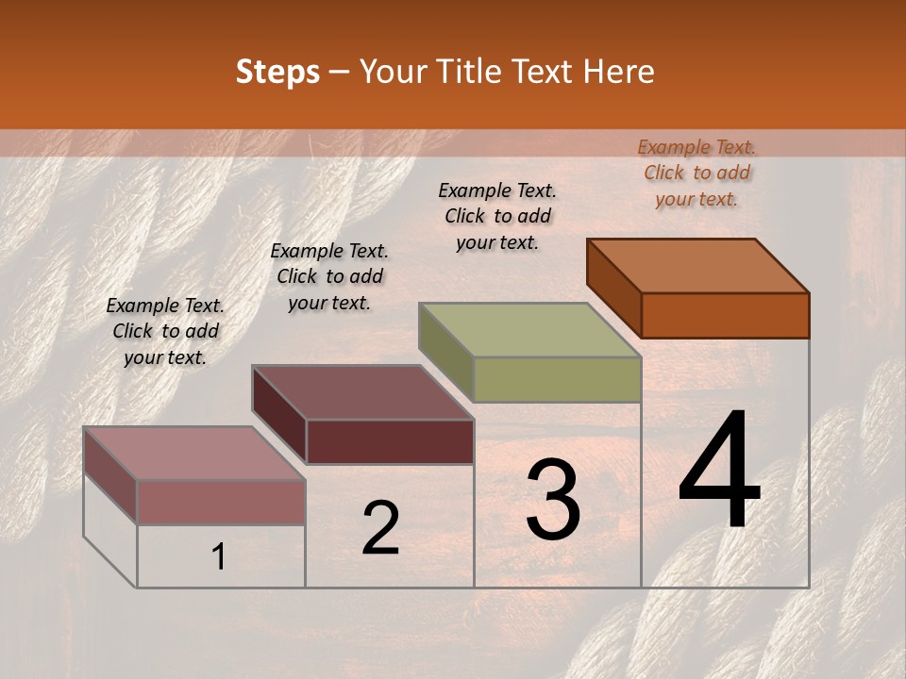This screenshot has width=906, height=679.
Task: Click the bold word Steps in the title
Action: [277, 72]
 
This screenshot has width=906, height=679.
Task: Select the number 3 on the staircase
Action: [553, 501]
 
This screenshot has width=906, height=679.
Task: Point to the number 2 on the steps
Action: [380, 528]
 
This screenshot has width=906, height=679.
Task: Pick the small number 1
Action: [219, 557]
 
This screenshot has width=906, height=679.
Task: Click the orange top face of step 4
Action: [698, 265]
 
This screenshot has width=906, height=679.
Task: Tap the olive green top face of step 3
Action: [530, 329]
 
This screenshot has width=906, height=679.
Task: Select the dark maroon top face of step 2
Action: [362, 391]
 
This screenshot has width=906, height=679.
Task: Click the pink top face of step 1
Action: [194, 453]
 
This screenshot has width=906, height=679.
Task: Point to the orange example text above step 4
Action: [696, 173]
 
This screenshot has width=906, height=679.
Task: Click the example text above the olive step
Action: [497, 216]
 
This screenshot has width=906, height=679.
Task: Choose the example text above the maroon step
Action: [329, 276]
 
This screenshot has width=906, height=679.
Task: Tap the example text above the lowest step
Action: [165, 331]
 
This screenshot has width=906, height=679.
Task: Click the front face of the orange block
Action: [725, 315]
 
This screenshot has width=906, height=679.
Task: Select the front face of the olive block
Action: [557, 379]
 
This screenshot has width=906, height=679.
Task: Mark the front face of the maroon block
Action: [390, 441]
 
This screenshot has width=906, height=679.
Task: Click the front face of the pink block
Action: [221, 502]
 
